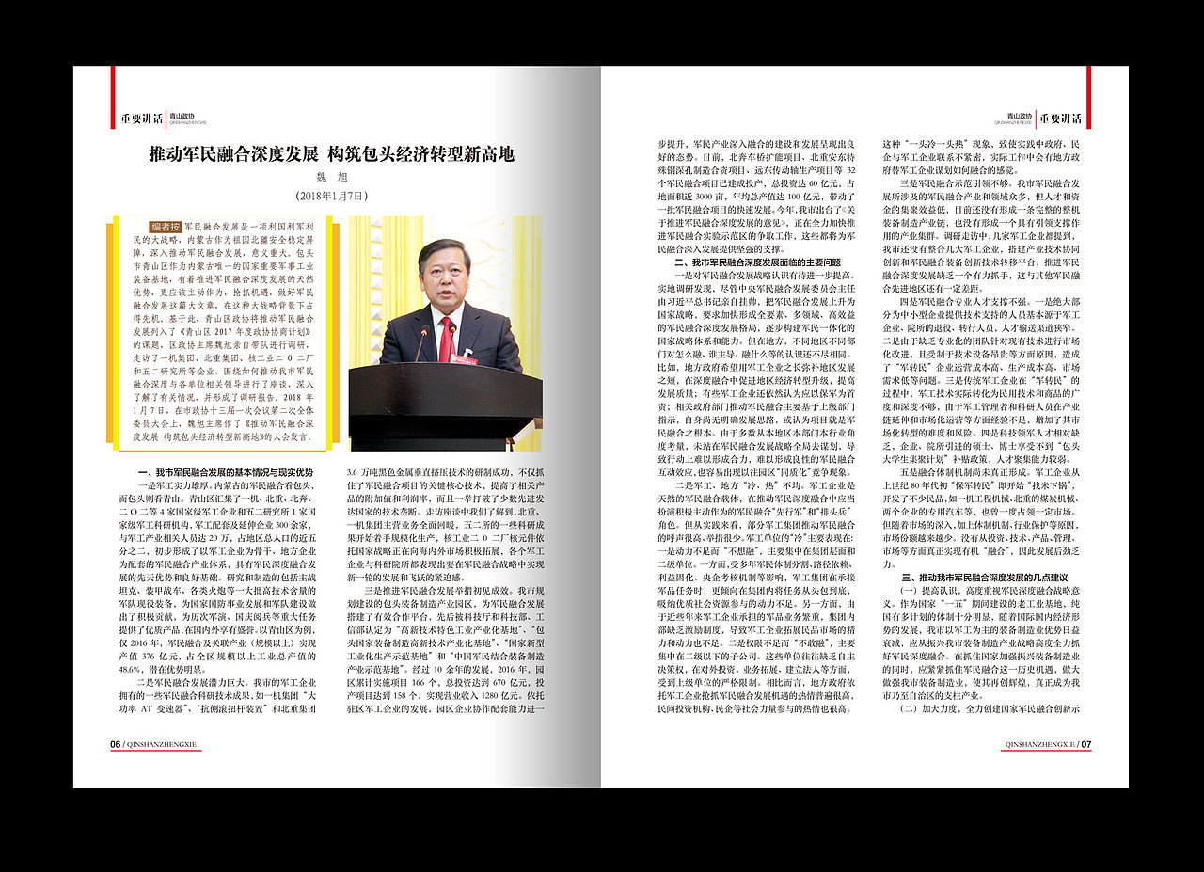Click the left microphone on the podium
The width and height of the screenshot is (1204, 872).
point(422,342)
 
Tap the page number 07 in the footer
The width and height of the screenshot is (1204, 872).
point(1085,744)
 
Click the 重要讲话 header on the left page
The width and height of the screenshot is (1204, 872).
point(140,119)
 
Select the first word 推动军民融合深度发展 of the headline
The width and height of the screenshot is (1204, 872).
point(235,154)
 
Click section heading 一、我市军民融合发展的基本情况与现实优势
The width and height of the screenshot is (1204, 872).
point(226,471)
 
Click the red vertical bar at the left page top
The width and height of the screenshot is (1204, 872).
point(113,84)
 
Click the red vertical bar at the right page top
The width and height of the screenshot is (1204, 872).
point(1088,84)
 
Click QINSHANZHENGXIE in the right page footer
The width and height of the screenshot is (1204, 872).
point(1039,744)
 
